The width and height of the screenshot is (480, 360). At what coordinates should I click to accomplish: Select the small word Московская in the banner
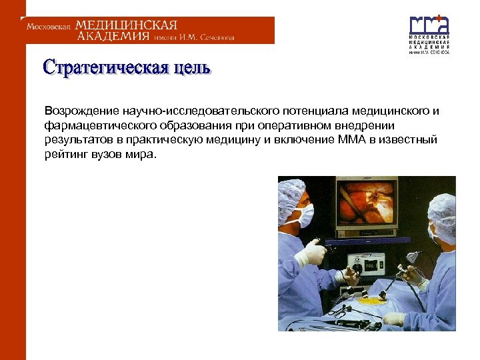48,27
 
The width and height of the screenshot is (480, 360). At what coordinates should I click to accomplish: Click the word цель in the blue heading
189,68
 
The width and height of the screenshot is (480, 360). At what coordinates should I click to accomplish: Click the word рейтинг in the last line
66,155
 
